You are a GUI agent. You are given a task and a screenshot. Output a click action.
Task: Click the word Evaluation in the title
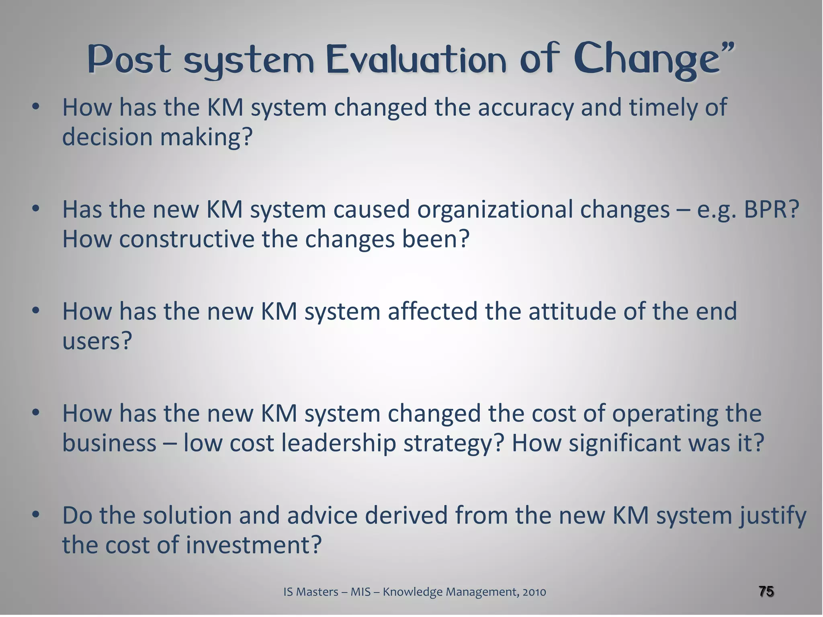(x=416, y=60)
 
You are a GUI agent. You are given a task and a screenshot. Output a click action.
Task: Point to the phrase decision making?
(x=157, y=137)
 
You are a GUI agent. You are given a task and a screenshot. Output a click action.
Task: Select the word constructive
(x=187, y=239)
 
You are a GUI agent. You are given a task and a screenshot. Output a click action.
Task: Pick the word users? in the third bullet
(x=97, y=341)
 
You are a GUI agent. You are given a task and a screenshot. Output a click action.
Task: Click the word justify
(x=771, y=516)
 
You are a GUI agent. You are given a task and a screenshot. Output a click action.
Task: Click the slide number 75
(x=766, y=591)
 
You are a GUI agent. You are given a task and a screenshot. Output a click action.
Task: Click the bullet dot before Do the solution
(x=36, y=515)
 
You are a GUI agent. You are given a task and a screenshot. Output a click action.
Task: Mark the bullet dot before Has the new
(x=36, y=208)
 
